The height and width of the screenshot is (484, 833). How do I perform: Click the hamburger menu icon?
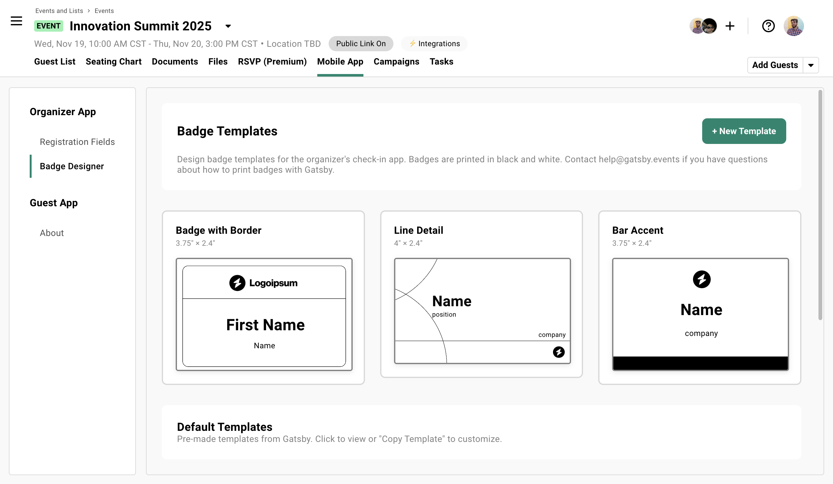tap(16, 21)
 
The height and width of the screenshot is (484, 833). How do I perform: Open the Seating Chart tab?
tap(113, 62)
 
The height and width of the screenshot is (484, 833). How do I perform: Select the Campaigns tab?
tap(396, 62)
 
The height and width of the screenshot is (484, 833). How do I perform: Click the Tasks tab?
tap(441, 62)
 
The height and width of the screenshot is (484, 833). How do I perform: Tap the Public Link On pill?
tap(361, 44)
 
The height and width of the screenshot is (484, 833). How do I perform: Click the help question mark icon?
tap(768, 26)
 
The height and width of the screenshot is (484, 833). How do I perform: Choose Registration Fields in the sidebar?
tap(77, 142)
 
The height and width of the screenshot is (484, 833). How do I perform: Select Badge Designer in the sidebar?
tap(72, 166)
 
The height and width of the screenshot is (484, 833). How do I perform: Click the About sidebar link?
tap(52, 233)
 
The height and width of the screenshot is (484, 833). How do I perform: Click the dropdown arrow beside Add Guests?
tap(811, 65)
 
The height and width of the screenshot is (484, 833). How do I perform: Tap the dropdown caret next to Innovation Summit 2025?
tap(228, 26)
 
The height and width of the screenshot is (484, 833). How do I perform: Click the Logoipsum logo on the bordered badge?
tap(264, 283)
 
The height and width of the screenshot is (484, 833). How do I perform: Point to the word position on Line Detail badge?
tap(444, 315)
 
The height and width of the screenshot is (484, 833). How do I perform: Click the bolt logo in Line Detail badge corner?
tap(558, 352)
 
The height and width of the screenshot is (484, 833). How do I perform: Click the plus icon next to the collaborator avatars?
tap(730, 26)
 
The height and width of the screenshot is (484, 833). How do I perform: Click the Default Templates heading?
tap(224, 427)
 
